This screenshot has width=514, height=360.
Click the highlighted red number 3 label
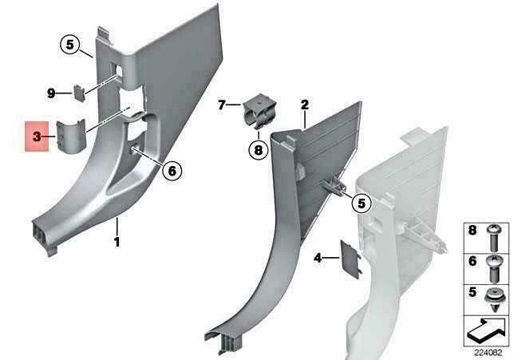(x=37, y=136)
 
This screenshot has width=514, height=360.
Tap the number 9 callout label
(x=51, y=93)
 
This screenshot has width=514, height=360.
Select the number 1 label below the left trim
(x=117, y=242)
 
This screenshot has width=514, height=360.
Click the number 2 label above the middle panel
(x=305, y=105)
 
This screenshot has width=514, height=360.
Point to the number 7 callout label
(x=222, y=105)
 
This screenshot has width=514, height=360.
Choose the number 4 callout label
(x=318, y=258)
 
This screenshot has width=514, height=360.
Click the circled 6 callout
(x=172, y=171)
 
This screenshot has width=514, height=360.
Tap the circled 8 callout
(x=259, y=150)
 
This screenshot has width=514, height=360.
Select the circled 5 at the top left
(x=69, y=45)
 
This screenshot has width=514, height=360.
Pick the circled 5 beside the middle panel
(x=362, y=204)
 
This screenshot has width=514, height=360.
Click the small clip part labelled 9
(x=79, y=93)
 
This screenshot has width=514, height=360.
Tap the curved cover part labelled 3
(x=71, y=136)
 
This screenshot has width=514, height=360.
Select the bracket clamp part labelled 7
(x=260, y=112)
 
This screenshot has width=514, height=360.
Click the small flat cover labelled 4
(x=350, y=259)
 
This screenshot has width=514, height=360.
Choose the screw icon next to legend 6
(x=494, y=269)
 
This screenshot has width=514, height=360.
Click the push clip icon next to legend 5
(x=495, y=300)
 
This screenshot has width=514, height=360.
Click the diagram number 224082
(x=488, y=353)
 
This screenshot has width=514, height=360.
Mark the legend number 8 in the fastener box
(x=472, y=231)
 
